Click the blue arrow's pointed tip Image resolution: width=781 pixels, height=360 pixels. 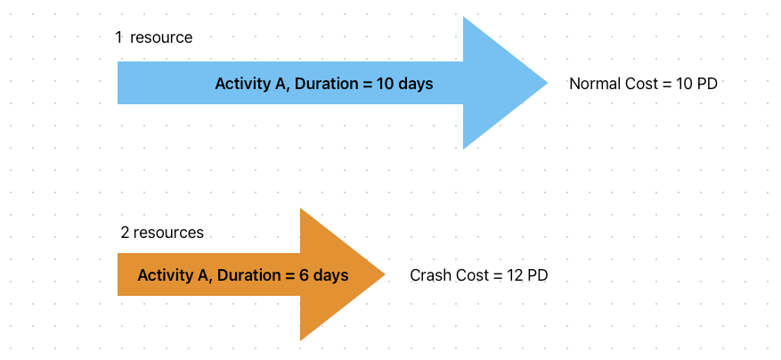pos(548,83)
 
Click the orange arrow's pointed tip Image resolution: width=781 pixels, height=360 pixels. pos(385,274)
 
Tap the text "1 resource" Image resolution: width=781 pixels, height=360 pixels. pos(154,37)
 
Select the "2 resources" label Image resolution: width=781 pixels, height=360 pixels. pos(162,233)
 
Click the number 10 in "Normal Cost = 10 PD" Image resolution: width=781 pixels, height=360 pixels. pos(684,84)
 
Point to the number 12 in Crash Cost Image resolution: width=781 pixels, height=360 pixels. pos(515,275)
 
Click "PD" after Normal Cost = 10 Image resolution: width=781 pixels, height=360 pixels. pos(707,84)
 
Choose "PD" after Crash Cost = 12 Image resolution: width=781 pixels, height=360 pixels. pos(538,275)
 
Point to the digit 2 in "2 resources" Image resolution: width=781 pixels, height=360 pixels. pos(125,233)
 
